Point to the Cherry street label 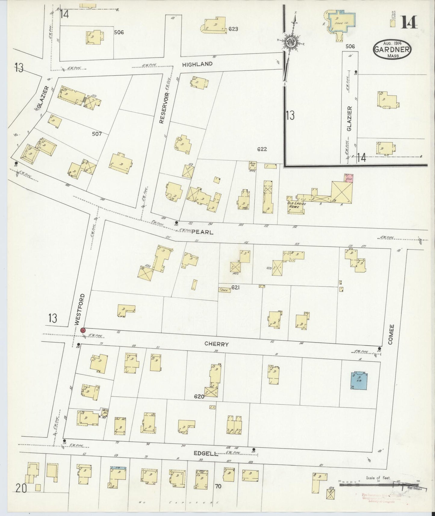tap(216, 344)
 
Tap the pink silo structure tap(349, 178)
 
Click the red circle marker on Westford tap(83, 330)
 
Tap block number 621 tap(235, 288)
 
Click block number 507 tap(97, 134)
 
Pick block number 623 tap(233, 29)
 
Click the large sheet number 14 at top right tap(409, 22)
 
